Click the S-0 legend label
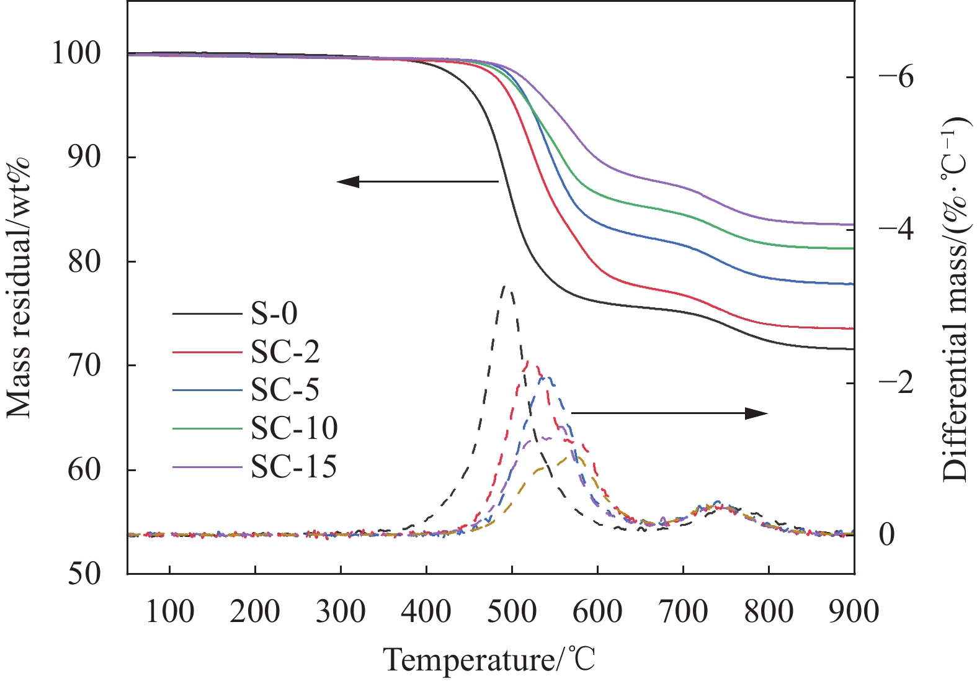(274, 313)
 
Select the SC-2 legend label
(285, 352)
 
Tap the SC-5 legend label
(285, 390)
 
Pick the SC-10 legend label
(294, 428)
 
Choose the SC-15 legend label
(294, 466)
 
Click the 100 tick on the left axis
(76, 54)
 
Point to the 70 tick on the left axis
(84, 366)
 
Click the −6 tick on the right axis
(896, 77)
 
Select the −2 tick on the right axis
(896, 382)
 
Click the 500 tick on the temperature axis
(512, 611)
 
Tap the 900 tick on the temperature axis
(854, 611)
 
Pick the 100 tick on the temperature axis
(169, 611)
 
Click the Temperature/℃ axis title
(489, 659)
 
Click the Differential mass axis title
(956, 298)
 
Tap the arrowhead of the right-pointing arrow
(758, 413)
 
